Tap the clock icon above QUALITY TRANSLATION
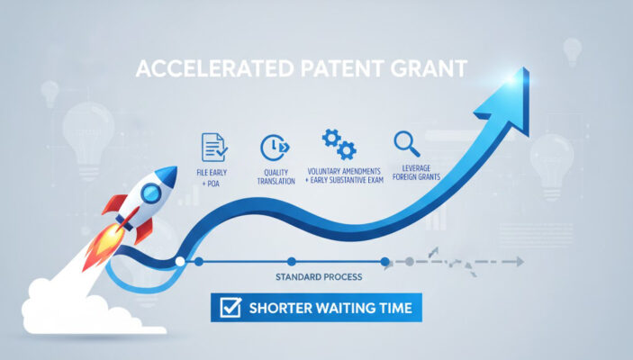coord(272,148)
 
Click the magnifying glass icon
coord(403,144)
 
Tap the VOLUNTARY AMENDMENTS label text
coord(344,171)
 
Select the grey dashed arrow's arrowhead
coord(519,262)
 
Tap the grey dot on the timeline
coord(409,262)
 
